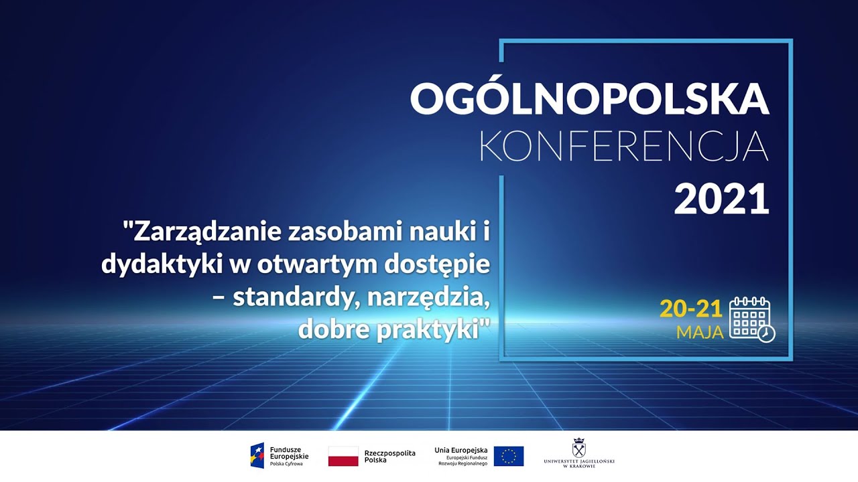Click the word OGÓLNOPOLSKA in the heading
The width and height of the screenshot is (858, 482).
pos(589,99)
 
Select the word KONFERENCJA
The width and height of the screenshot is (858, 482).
pos(623,147)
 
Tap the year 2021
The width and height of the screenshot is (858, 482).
pos(721,199)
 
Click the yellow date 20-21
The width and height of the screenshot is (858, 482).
pos(690,309)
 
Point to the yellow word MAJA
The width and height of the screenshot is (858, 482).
pos(700,332)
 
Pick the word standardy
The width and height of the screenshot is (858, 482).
pos(289,297)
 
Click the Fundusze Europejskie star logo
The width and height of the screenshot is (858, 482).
pos(257,456)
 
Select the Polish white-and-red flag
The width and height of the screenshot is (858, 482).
pos(343,457)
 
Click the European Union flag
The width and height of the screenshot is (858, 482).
pos(509,457)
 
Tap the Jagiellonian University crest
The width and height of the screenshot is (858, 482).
pos(579,448)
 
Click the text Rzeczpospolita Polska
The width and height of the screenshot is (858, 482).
pos(389,457)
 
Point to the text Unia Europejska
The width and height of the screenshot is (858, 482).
pos(461,450)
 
